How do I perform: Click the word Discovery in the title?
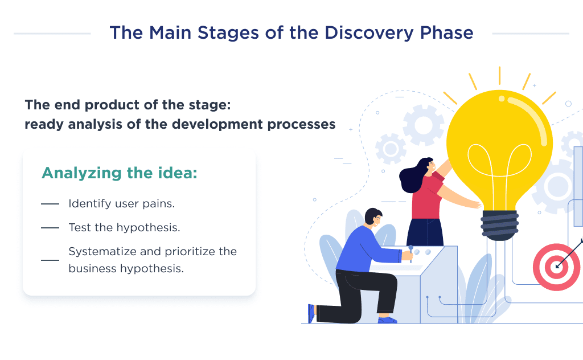pyautogui.click(x=367, y=32)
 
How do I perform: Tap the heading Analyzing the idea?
pyautogui.click(x=120, y=173)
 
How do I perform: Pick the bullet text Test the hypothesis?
pyautogui.click(x=124, y=227)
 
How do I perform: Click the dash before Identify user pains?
pyautogui.click(x=50, y=204)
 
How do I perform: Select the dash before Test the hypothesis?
pyautogui.click(x=50, y=228)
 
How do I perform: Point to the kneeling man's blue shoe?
pyautogui.click(x=388, y=320)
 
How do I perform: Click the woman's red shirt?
pyautogui.click(x=427, y=197)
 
